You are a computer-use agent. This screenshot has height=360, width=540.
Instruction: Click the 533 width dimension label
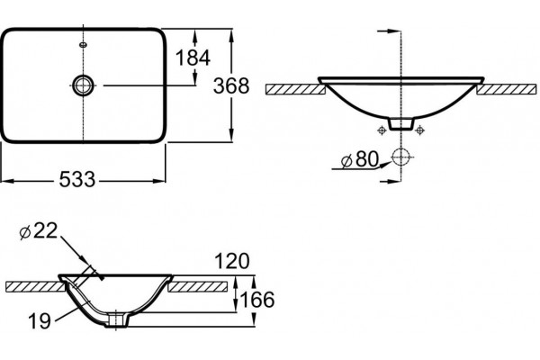77,179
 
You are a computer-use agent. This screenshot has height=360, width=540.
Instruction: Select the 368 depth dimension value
231,85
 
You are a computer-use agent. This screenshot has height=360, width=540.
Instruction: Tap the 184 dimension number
193,58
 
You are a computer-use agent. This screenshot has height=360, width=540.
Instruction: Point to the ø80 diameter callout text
360,159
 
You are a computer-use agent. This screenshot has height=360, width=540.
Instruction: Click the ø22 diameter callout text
38,230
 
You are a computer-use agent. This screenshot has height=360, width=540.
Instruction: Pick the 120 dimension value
232,261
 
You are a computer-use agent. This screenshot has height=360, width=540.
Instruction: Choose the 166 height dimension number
257,300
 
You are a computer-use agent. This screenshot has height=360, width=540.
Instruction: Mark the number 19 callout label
40,321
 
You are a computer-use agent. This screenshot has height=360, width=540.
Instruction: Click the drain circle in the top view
83,85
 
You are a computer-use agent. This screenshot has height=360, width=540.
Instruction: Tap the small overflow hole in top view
84,44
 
